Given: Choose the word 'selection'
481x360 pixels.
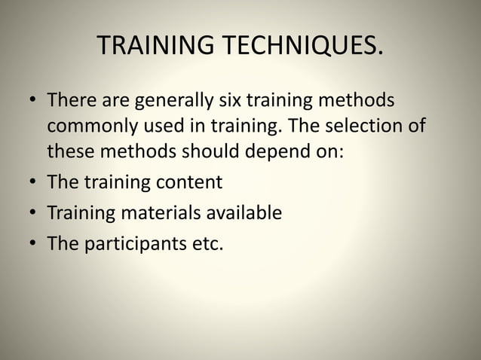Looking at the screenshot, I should pyautogui.click(x=366, y=125).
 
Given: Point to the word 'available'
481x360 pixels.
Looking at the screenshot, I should pyautogui.click(x=244, y=213).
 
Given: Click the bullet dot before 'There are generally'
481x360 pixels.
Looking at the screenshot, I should pyautogui.click(x=30, y=101).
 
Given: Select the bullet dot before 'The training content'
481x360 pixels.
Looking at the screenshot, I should pyautogui.click(x=30, y=182).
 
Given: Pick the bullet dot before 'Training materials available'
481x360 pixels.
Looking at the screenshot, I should pyautogui.click(x=30, y=214).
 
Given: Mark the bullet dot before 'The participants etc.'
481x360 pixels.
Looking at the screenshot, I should pyautogui.click(x=30, y=245).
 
